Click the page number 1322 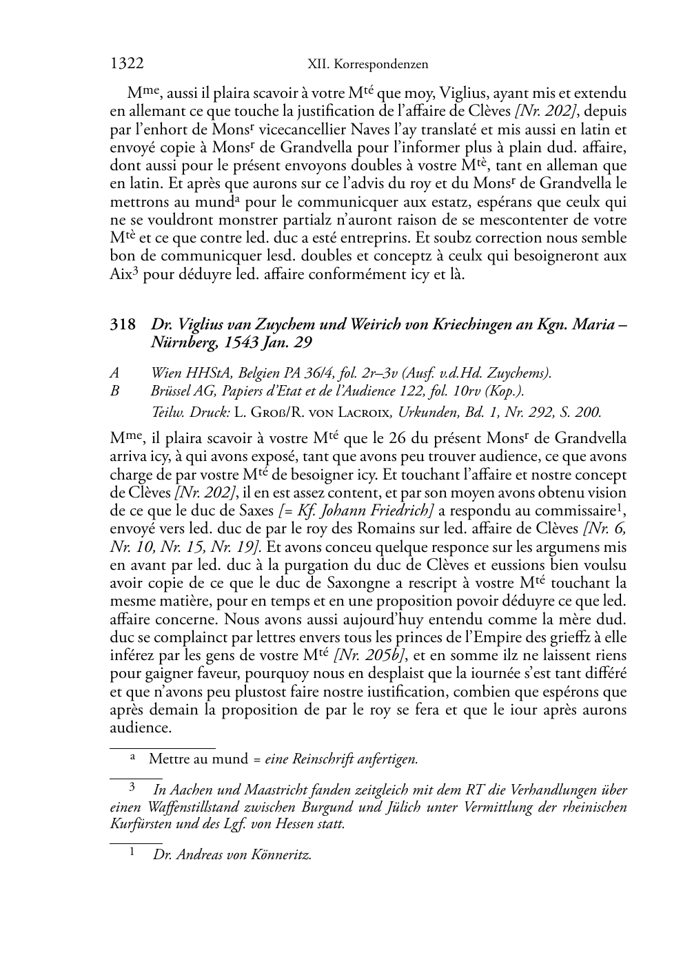pyautogui.click(x=127, y=64)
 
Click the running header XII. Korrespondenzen pyautogui.click(x=367, y=65)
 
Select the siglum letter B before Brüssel pyautogui.click(x=114, y=391)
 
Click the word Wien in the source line pyautogui.click(x=165, y=373)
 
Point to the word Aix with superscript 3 pyautogui.click(x=121, y=274)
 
